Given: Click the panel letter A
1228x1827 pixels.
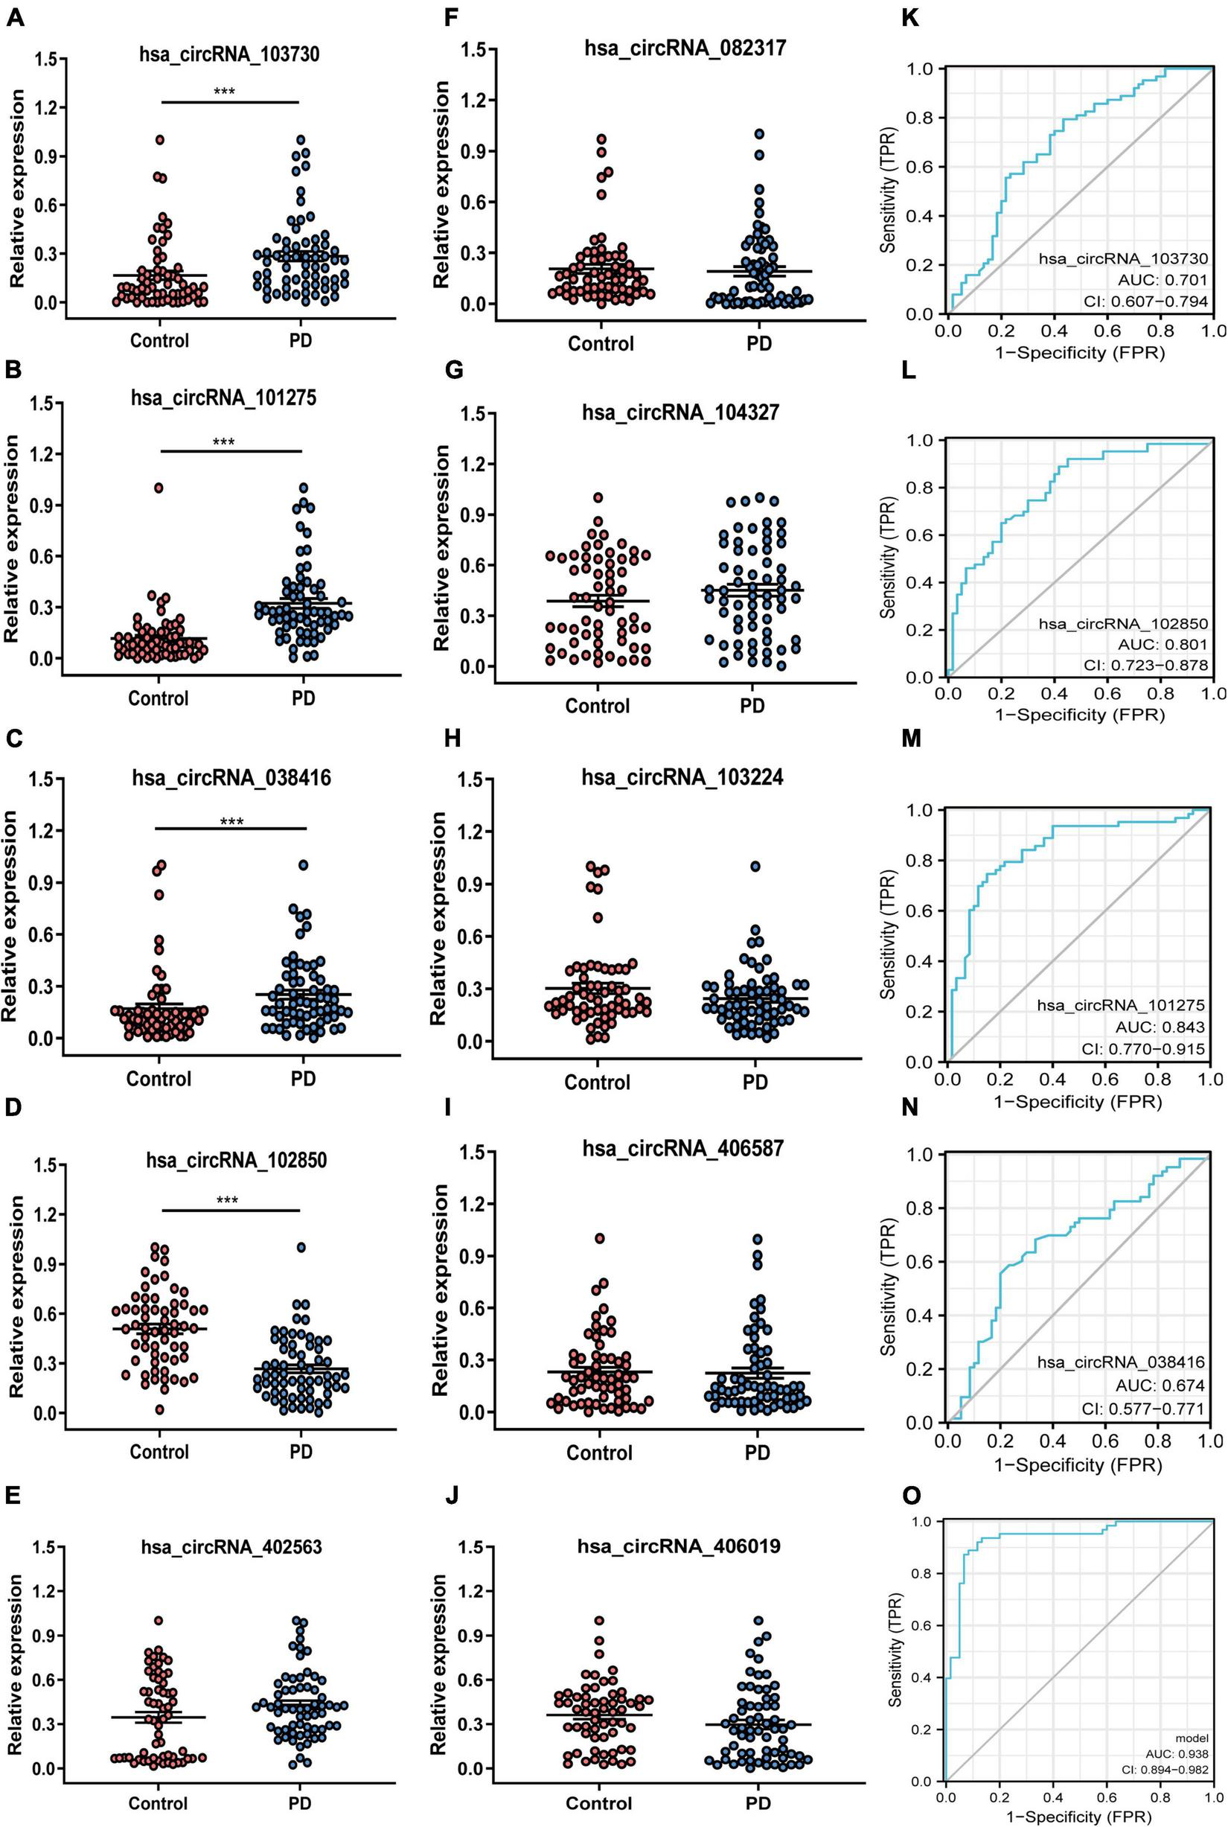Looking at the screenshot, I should pyautogui.click(x=13, y=16).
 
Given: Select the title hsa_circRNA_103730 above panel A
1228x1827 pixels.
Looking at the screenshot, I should pyautogui.click(x=224, y=54).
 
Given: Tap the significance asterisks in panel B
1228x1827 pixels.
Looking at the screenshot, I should pyautogui.click(x=224, y=441).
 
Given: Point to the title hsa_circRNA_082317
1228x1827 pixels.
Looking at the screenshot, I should pyautogui.click(x=685, y=48).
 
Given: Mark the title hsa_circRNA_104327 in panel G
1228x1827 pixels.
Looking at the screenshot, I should pyautogui.click(x=679, y=411).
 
